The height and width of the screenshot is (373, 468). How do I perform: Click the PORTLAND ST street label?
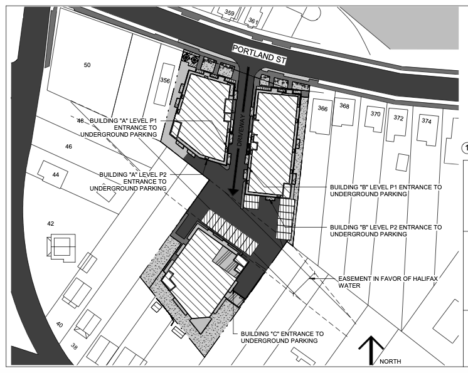pos(259,55)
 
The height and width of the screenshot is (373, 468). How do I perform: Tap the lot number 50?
pos(87,65)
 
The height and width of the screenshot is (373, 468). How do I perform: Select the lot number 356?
pos(165,80)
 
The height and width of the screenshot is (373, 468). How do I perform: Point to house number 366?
pos(322,108)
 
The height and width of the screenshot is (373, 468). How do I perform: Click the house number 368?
pos(344,106)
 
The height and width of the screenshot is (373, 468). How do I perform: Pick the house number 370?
pos(376,114)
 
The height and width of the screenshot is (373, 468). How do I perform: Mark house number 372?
pos(398,118)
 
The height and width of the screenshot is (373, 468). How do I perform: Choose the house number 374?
pos(427,121)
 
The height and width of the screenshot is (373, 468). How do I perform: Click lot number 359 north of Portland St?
pos(229,13)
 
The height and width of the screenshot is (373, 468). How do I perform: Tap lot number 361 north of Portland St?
pos(253,21)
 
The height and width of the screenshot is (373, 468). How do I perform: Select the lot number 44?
pos(56,175)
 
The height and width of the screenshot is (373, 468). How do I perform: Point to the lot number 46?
pos(68,147)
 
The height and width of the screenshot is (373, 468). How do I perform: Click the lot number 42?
pos(50,224)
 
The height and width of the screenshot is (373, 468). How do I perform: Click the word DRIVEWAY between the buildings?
pos(241,130)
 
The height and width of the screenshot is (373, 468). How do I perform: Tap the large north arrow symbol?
pos(371,350)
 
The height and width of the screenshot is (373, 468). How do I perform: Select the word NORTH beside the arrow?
pos(390,361)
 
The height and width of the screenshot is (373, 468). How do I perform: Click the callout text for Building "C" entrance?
pos(282,337)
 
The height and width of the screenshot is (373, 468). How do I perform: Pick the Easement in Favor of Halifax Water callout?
pos(388,282)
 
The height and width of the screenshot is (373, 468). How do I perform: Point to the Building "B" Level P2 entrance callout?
pos(386,231)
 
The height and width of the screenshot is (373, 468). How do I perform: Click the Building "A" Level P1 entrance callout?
pos(119,128)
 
